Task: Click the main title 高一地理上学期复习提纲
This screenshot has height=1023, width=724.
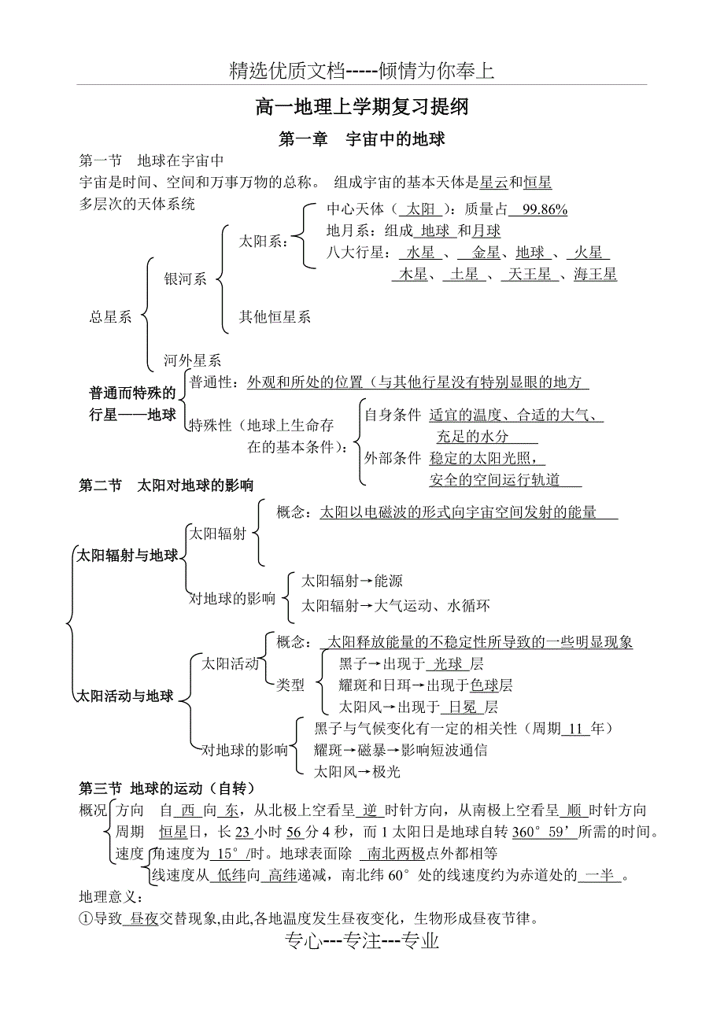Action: point(362,106)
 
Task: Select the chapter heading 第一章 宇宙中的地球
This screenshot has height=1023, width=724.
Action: point(362,139)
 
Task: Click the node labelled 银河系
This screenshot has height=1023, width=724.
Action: point(185,279)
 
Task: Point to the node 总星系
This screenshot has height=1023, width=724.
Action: point(110,316)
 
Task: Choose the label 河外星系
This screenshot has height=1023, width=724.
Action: point(192,360)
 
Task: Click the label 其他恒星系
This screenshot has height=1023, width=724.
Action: point(275,316)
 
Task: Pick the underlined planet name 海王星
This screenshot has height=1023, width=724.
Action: point(595,274)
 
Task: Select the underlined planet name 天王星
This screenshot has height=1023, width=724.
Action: point(530,274)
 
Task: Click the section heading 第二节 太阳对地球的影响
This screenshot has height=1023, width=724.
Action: point(167,485)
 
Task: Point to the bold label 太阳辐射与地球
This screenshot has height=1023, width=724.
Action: point(127,556)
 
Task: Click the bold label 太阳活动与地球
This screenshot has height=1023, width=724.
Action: point(124,696)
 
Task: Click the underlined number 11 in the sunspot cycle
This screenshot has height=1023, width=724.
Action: point(575,729)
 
